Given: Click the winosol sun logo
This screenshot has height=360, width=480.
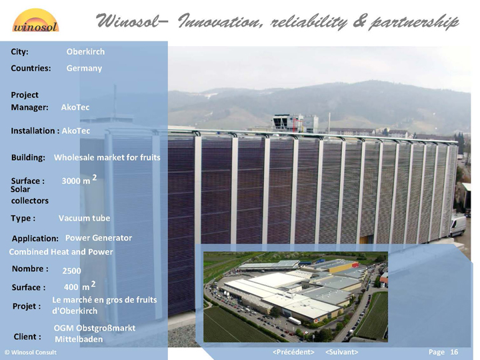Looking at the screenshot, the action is point(35,20).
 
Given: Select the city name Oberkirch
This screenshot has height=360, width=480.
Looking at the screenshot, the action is point(85,52).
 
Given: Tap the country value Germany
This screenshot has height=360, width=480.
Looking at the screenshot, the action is point(84,68).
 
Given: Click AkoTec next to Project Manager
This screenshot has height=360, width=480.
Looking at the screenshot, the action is point(75,107).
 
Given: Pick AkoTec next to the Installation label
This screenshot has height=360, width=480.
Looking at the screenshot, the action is point(76,131).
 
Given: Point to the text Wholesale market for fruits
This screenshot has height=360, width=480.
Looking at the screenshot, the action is point(107,157).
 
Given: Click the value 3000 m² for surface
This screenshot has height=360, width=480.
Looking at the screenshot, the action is point(79,180).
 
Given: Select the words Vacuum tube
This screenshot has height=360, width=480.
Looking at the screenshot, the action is point(84,218).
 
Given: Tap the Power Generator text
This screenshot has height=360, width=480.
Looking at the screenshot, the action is point(99,238).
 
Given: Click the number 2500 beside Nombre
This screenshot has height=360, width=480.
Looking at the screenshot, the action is point(71,271).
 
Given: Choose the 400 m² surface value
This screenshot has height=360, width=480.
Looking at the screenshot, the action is point(79,286).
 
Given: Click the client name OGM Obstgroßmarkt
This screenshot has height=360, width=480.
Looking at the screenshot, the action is point(95,328).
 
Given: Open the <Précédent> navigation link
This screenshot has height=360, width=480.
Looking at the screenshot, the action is point(293,352).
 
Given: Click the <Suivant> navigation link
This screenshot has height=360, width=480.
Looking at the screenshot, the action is point(341,352).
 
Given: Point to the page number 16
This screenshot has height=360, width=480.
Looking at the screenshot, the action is point(454,352).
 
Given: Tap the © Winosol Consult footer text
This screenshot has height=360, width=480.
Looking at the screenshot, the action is point(31,353).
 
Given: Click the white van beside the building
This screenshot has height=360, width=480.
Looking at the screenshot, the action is point(457,225).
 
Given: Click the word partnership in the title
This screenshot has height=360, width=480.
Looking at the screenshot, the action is point(414,23).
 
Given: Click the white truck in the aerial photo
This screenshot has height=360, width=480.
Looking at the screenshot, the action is point(295,321).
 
